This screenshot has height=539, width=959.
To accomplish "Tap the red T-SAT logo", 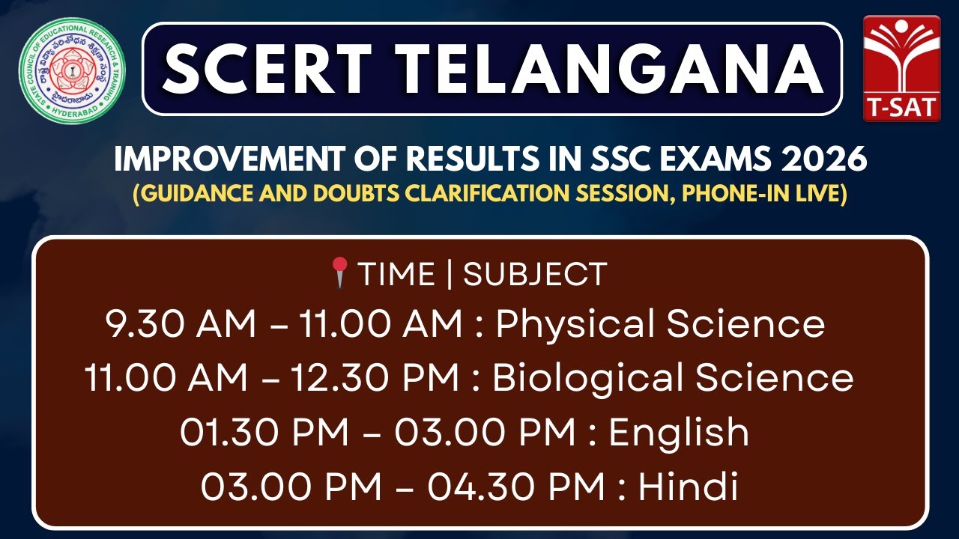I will pyautogui.click(x=901, y=67).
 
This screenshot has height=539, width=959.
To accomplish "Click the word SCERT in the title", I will pyautogui.click(x=266, y=69).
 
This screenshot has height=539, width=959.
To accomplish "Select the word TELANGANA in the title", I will pyautogui.click(x=599, y=69).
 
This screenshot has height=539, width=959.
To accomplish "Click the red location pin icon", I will pyautogui.click(x=340, y=272).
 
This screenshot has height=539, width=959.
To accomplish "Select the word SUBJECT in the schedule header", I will pyautogui.click(x=534, y=275).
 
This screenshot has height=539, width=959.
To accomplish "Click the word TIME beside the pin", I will pyautogui.click(x=396, y=275).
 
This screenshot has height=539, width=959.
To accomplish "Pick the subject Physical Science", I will pyautogui.click(x=660, y=324).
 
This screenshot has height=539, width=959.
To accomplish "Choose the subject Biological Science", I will pyautogui.click(x=672, y=378).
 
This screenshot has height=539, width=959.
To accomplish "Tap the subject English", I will pyautogui.click(x=679, y=433).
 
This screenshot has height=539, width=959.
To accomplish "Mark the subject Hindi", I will pyautogui.click(x=688, y=487).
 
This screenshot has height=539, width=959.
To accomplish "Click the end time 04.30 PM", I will pyautogui.click(x=516, y=487).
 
